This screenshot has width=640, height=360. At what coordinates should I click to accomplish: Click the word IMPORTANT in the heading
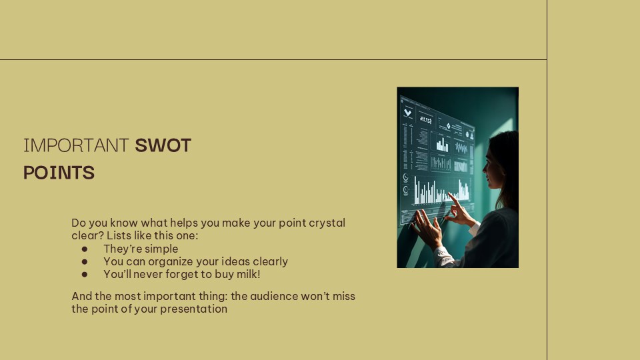coord(75,145)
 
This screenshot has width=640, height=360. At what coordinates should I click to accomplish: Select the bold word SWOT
coord(163,145)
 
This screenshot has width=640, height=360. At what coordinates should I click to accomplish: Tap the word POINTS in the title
coord(59,173)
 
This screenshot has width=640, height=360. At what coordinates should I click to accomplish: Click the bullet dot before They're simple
coord(85,249)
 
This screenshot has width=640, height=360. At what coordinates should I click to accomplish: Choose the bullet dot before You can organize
coord(85,262)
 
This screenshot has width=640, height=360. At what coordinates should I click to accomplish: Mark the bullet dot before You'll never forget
coord(85,274)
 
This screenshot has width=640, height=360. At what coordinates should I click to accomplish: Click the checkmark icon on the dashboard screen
coord(407,113)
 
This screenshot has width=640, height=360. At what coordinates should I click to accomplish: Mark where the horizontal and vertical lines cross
coord(547,60)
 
